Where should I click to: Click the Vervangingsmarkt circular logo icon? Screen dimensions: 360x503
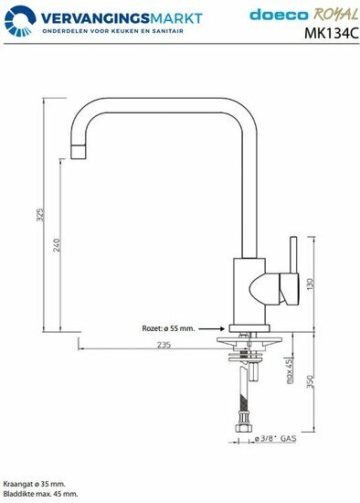pos(20,21)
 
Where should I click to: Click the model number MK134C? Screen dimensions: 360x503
pos(332,33)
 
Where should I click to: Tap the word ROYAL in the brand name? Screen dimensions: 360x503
pos(335,15)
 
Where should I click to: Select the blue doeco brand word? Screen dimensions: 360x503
pos(279,15)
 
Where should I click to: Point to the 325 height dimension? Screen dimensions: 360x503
pos(40,215)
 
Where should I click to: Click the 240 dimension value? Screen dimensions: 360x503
pos(57,245)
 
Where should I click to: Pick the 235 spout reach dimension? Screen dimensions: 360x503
pos(164,345)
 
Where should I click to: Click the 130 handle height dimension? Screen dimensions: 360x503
pos(310,284)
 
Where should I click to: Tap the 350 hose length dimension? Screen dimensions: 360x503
pos(310,381)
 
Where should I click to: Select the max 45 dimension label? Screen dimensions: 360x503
pos(290,371)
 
